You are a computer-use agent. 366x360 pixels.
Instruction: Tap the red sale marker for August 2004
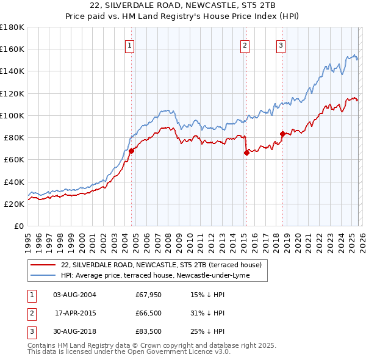click(131, 150)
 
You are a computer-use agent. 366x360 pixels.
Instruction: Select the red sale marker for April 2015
click(246, 153)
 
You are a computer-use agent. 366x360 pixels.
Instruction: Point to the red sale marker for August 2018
click(282, 134)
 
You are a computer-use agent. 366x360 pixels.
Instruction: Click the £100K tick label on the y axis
click(12, 115)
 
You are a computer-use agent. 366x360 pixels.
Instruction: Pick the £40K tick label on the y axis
click(14, 182)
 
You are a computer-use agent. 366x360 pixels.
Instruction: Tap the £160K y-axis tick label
click(12, 49)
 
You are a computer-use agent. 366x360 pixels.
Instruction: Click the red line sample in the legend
click(43, 265)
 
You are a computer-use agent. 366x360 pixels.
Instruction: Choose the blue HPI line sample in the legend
click(43, 275)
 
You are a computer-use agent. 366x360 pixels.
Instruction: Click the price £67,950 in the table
click(149, 295)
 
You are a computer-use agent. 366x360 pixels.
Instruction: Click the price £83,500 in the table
click(149, 331)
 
